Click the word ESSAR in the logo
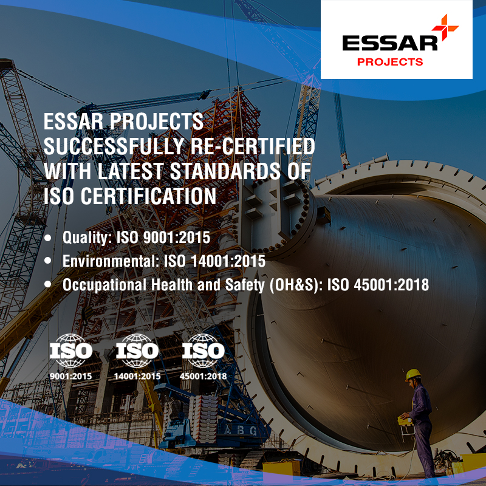coord(389,43)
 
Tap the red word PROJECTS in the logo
coord(390,62)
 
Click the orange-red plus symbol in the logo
coord(445,27)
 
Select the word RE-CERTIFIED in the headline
coord(253,146)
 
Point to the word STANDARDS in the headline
coord(225,171)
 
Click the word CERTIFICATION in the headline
coord(148,196)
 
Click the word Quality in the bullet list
coord(87,238)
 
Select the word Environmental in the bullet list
coord(111,261)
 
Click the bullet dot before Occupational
coord(47,284)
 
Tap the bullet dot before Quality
coord(47,238)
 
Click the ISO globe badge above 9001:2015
coord(71,351)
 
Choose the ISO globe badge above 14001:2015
coord(137,351)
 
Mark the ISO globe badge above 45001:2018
coord(204,351)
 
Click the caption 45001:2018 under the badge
coord(204,376)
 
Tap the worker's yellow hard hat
coord(413,375)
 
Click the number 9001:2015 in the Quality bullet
coord(177,238)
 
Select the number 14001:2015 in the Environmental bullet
coord(228,261)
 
